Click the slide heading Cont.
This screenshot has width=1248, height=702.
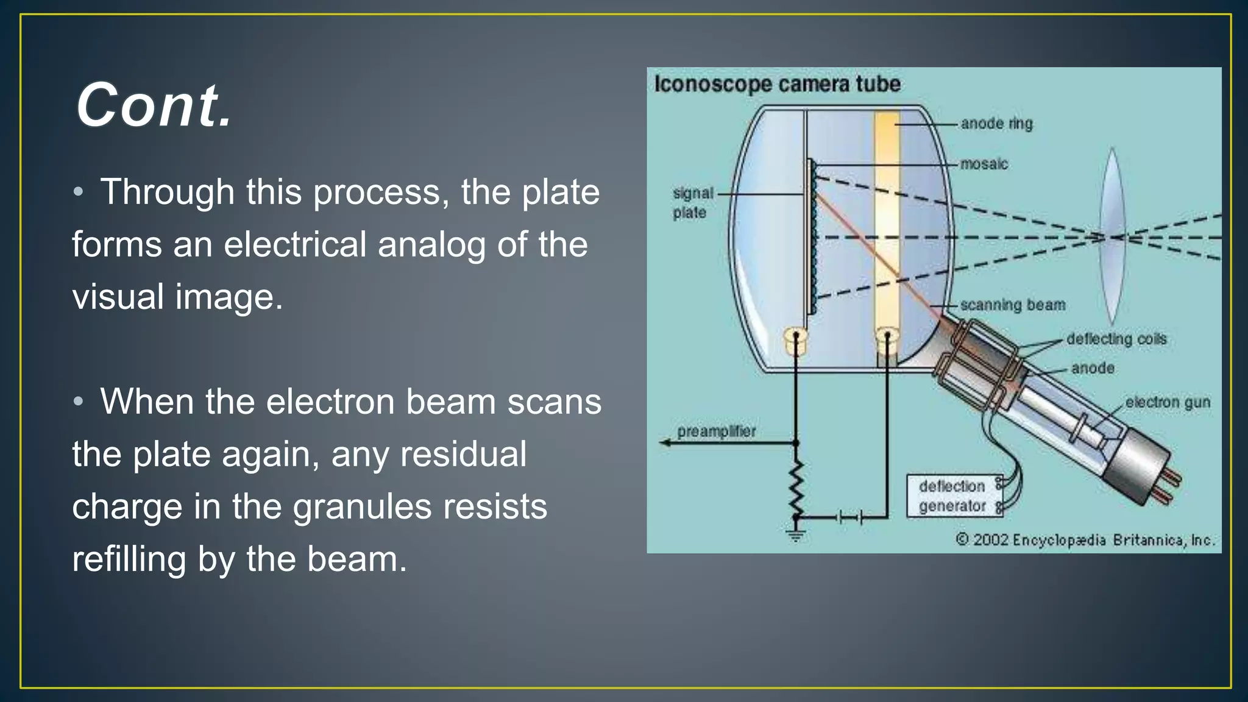point(154,105)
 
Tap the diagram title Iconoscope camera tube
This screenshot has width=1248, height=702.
point(777,84)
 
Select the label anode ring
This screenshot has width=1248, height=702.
point(996,124)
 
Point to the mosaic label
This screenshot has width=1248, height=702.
point(984,164)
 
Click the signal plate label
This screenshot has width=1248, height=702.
point(692,203)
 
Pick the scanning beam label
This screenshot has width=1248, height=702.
point(1012,305)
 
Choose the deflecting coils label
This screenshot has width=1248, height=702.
point(1116,339)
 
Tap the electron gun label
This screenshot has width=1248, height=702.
point(1167,402)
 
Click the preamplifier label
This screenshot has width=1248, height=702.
point(716,431)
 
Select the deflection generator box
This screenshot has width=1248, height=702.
point(954,496)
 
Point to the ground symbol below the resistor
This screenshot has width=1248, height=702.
point(795,536)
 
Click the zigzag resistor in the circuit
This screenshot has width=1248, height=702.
point(796,487)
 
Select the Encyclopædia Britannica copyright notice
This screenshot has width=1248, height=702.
point(1085,540)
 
